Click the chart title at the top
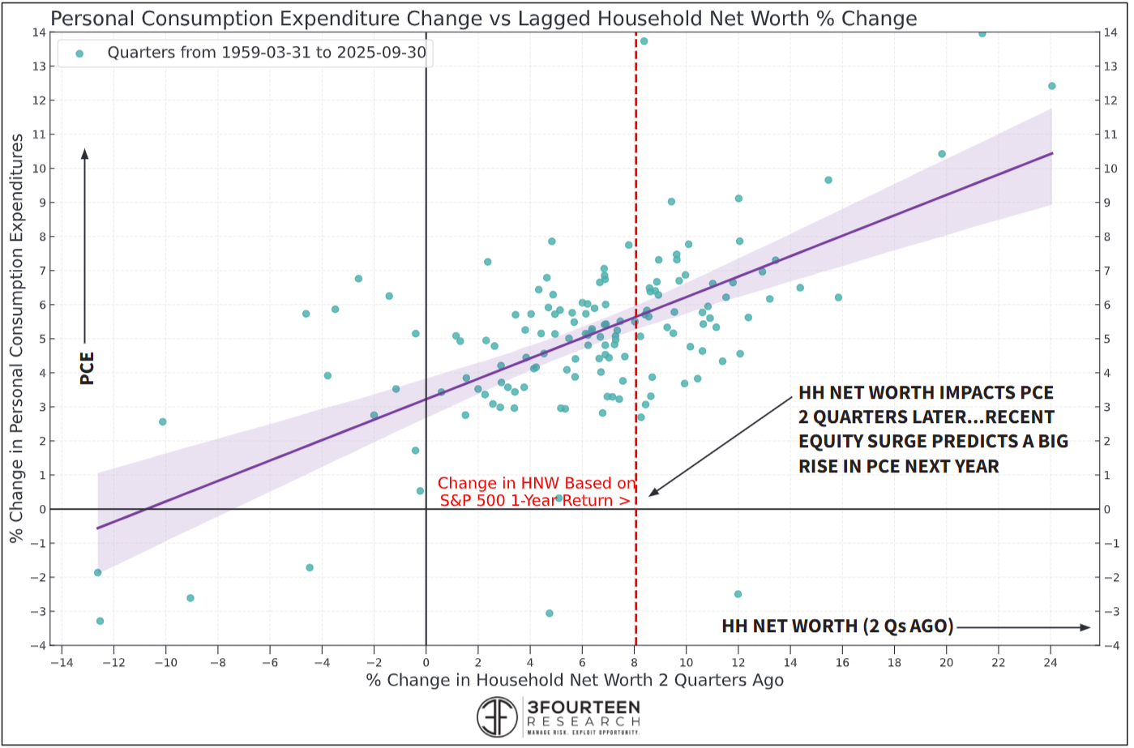[484, 18]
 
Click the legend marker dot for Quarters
[79, 53]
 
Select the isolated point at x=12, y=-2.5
[738, 594]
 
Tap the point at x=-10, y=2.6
[162, 421]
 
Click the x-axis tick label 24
[1051, 660]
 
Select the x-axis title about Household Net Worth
[575, 680]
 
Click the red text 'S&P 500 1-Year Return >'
[535, 501]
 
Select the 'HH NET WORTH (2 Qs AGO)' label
[837, 626]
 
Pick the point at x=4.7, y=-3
[549, 613]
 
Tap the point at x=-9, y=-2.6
[190, 598]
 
